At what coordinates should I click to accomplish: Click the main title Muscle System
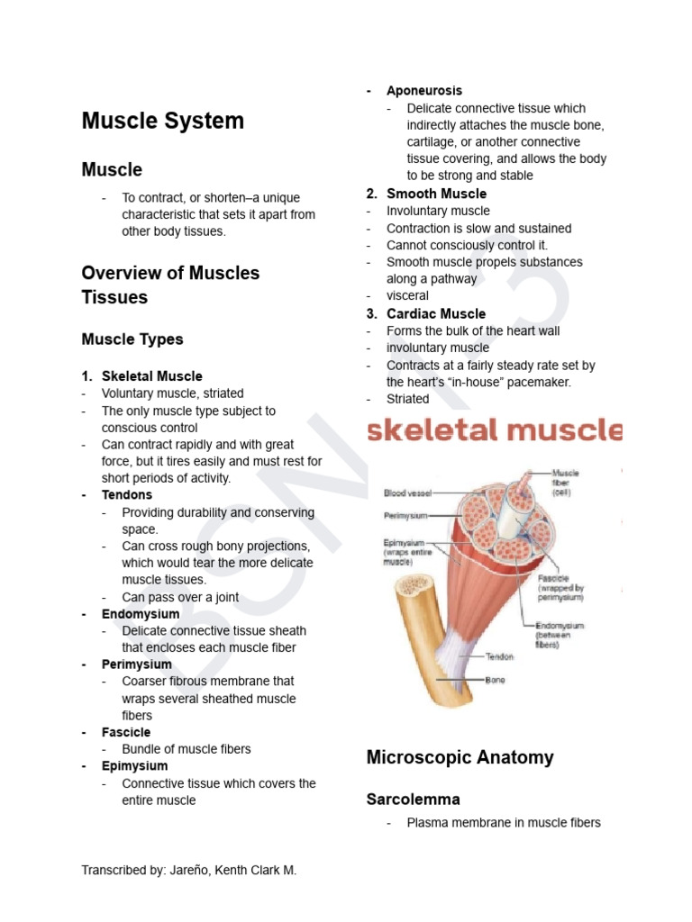tap(162, 121)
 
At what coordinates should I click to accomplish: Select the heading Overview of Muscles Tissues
tap(170, 285)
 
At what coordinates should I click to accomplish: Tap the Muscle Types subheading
tap(132, 339)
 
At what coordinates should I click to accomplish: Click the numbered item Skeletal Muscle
tap(151, 376)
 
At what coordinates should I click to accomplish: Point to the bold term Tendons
tap(127, 495)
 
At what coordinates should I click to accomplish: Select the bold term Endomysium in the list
tap(141, 614)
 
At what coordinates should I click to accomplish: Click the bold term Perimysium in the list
tap(136, 664)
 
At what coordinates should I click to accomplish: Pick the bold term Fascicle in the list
tap(126, 732)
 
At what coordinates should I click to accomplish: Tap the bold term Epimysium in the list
tap(134, 766)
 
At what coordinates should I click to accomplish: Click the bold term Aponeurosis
tap(423, 91)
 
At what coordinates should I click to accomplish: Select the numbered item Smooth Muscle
tap(436, 194)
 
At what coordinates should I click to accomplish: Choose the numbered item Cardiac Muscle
tap(436, 313)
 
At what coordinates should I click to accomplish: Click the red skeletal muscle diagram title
tap(494, 430)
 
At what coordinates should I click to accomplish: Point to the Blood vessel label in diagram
tap(407, 493)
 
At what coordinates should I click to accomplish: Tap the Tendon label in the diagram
tap(499, 657)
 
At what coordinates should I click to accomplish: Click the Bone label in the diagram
tap(496, 680)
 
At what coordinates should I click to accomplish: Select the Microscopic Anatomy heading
tap(460, 757)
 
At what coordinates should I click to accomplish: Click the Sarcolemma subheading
tap(413, 799)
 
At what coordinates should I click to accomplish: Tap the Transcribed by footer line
tap(188, 870)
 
